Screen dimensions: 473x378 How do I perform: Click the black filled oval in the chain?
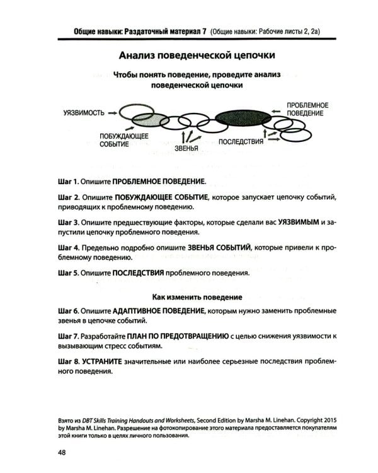[x=241, y=117]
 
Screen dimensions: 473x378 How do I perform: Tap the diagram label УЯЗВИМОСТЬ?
[x=84, y=113]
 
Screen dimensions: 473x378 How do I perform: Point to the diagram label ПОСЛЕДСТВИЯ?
[x=241, y=141]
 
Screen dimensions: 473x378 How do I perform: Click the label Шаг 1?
[x=67, y=180]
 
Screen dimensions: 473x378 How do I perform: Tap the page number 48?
[x=62, y=452]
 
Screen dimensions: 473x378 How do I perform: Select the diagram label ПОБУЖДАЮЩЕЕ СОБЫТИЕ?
[x=123, y=140]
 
